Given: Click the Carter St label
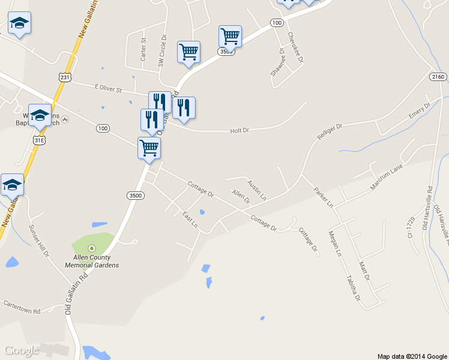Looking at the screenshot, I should pos(143,49).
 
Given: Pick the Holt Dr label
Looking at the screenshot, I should pos(240,130).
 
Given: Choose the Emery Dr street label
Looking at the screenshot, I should pos(420,112).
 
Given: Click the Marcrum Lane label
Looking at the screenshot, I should pos(386,178).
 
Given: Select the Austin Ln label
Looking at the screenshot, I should pos(257,190).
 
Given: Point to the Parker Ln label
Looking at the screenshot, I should pos(323,197).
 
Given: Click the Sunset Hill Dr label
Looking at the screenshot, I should pos(39,241).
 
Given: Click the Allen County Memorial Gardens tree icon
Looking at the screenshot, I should pos(91,248).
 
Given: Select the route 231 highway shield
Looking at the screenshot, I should pos(65,77).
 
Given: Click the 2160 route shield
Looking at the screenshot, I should pos(438,77).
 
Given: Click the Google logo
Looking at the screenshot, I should pos(22,350).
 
